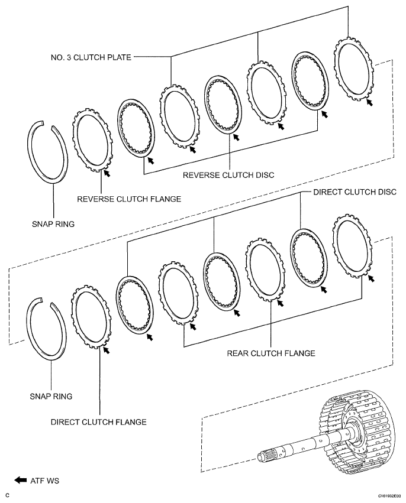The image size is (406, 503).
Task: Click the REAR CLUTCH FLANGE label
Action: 270,353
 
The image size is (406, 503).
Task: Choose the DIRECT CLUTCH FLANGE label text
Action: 98,422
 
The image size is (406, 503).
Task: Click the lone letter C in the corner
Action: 7,495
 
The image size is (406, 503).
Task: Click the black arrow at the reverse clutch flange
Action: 106,173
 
